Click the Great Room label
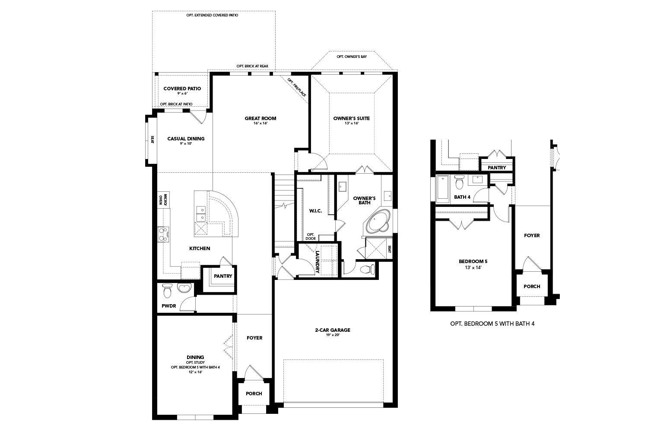click(x=260, y=118)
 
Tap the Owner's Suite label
click(x=351, y=118)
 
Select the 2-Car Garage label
click(x=332, y=330)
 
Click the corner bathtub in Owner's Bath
click(x=379, y=221)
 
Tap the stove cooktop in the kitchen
click(x=163, y=234)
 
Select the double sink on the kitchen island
click(x=201, y=214)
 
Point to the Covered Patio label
click(x=182, y=89)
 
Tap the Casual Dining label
click(x=186, y=139)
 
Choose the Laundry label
click(x=318, y=262)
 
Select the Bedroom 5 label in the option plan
click(x=473, y=261)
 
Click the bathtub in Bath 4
click(x=443, y=188)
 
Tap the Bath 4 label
click(x=462, y=197)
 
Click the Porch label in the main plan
click(x=254, y=394)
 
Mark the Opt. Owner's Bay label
click(x=352, y=57)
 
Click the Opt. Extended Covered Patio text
click(x=212, y=15)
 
